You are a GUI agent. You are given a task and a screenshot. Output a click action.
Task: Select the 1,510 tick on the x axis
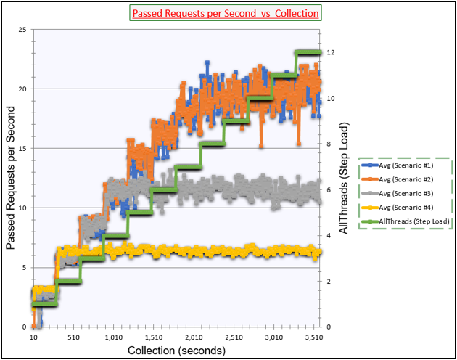click(x=153, y=337)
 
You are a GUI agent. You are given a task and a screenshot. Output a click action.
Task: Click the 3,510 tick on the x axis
click(x=312, y=337)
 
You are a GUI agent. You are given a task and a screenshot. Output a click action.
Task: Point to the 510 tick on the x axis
click(x=73, y=337)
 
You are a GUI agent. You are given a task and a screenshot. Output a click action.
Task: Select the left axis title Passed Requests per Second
click(x=11, y=178)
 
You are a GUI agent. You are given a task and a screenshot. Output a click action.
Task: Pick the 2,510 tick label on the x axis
click(x=233, y=337)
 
